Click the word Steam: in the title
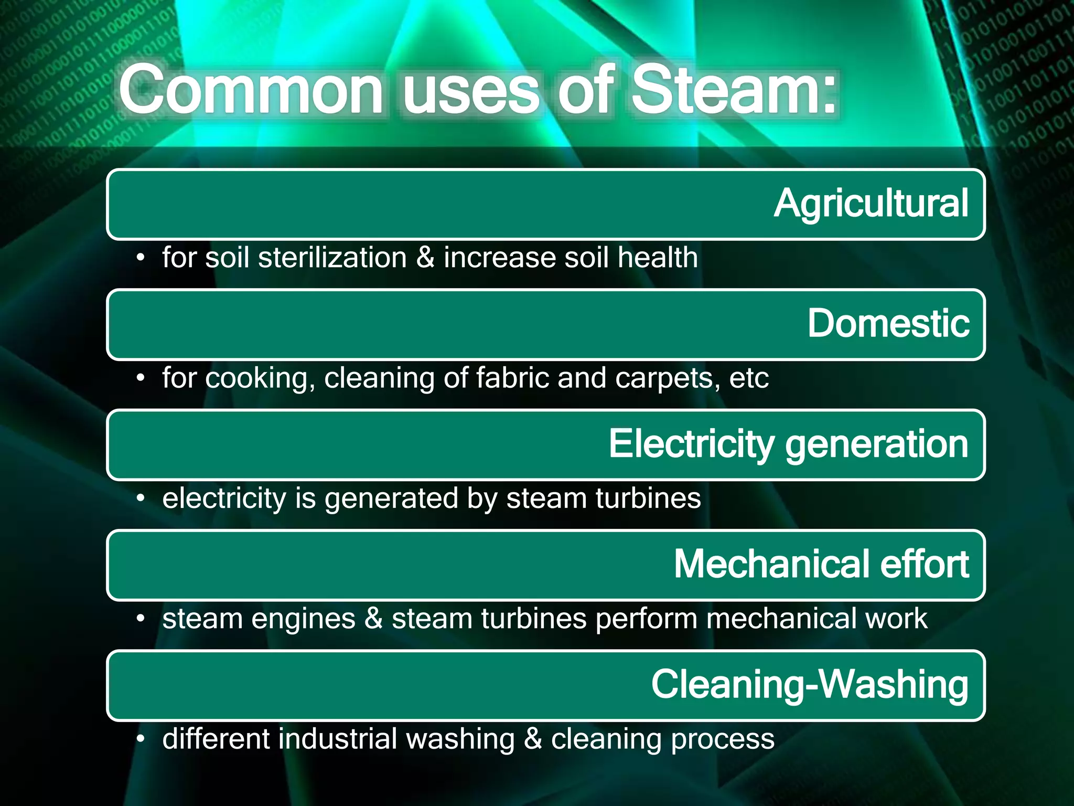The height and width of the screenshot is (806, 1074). pos(734,89)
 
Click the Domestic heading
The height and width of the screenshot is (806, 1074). pos(888,323)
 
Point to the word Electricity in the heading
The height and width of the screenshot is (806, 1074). pos(691,444)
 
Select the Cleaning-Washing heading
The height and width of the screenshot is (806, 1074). pos(809,685)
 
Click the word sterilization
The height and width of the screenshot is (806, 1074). pos(332,258)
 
